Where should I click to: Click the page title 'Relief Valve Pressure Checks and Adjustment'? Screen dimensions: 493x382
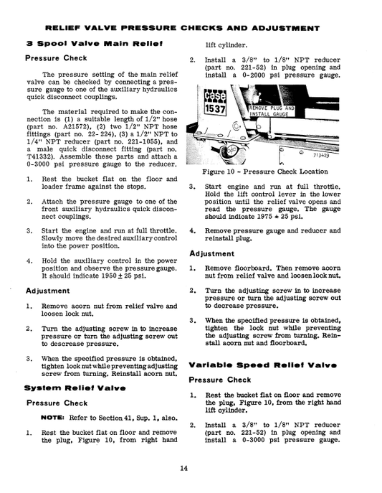[x=191, y=29]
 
